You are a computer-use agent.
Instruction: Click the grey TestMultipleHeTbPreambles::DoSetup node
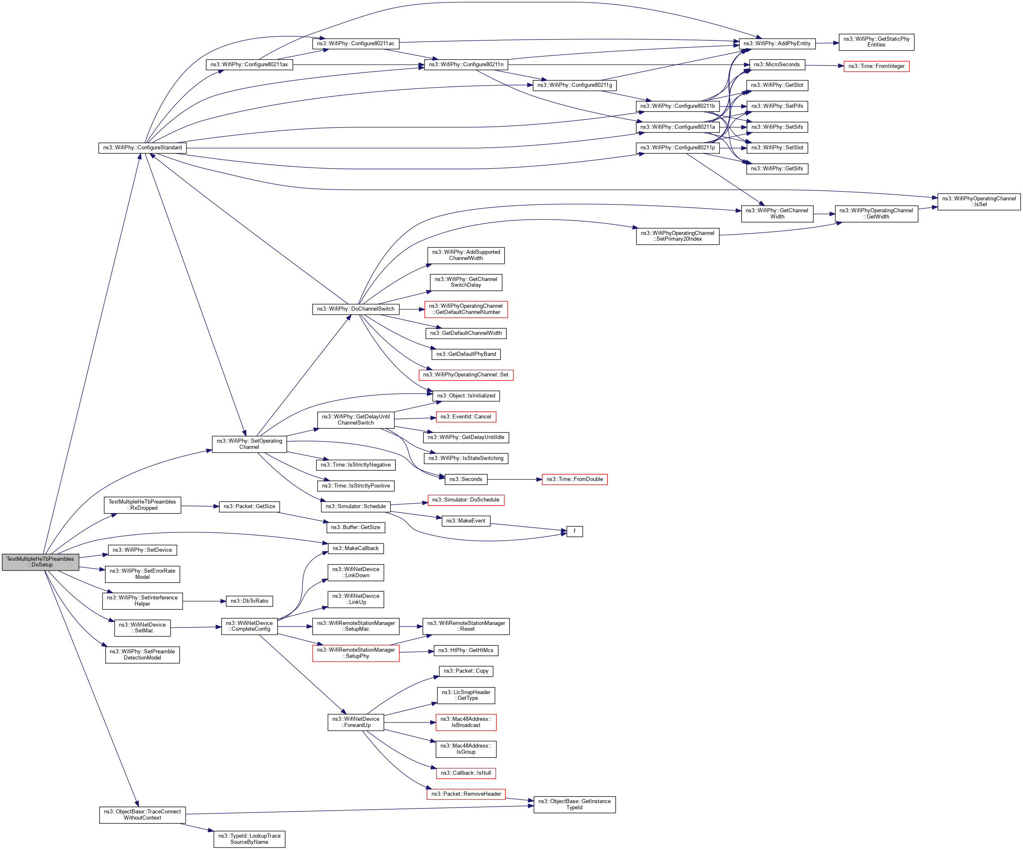pyautogui.click(x=40, y=562)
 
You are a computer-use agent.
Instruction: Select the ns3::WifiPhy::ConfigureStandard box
pyautogui.click(x=142, y=148)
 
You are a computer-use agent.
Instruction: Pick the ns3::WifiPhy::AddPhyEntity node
pyautogui.click(x=777, y=43)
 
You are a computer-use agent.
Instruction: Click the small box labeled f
pyautogui.click(x=574, y=531)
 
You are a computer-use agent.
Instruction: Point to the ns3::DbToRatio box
pyautogui.click(x=249, y=601)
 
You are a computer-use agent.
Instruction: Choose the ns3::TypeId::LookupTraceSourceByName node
pyautogui.click(x=249, y=839)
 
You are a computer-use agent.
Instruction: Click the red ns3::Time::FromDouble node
pyautogui.click(x=574, y=479)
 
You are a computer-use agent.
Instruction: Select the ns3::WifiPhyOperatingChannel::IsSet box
pyautogui.click(x=978, y=202)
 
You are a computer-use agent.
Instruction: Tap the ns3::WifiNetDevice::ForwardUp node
pyautogui.click(x=356, y=722)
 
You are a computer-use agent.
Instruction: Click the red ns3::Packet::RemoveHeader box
pyautogui.click(x=466, y=794)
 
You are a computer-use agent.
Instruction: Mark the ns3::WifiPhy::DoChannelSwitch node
pyautogui.click(x=356, y=309)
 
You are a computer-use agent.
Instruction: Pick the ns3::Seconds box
pyautogui.click(x=466, y=479)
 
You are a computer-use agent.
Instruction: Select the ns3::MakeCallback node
pyautogui.click(x=356, y=548)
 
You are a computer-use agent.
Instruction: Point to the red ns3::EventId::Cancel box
pyautogui.click(x=466, y=417)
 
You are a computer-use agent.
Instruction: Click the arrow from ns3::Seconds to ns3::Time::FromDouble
pyautogui.click(x=515, y=479)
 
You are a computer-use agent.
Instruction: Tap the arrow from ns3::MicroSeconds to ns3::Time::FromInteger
pyautogui.click(x=824, y=65)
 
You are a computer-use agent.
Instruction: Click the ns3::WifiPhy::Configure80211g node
pyautogui.click(x=574, y=85)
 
